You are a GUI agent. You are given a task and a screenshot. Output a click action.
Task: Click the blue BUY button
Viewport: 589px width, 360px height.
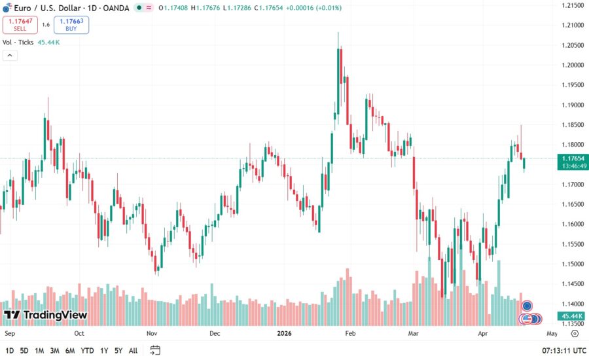71,25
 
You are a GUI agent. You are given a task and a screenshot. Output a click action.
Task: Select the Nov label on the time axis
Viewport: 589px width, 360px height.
152,333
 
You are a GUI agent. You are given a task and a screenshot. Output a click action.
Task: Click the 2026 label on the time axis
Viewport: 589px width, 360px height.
283,333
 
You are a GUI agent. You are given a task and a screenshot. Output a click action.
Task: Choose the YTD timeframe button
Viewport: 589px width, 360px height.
88,351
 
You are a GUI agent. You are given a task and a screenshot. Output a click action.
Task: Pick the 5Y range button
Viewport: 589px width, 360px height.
118,351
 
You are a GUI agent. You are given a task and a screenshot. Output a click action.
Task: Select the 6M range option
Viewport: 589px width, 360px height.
70,351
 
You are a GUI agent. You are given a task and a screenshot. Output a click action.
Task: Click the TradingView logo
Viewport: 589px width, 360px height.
45,315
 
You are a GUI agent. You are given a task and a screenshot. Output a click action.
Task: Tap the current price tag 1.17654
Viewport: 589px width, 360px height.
573,158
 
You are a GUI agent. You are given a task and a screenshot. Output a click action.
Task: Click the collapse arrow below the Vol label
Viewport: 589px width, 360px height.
10,55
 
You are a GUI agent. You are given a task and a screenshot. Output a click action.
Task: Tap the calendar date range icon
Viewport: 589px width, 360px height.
155,351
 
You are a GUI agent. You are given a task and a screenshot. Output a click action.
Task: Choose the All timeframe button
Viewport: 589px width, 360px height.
133,351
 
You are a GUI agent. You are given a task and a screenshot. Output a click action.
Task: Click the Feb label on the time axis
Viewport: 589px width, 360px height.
349,333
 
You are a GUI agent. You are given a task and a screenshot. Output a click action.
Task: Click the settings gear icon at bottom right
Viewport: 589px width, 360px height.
575,333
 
